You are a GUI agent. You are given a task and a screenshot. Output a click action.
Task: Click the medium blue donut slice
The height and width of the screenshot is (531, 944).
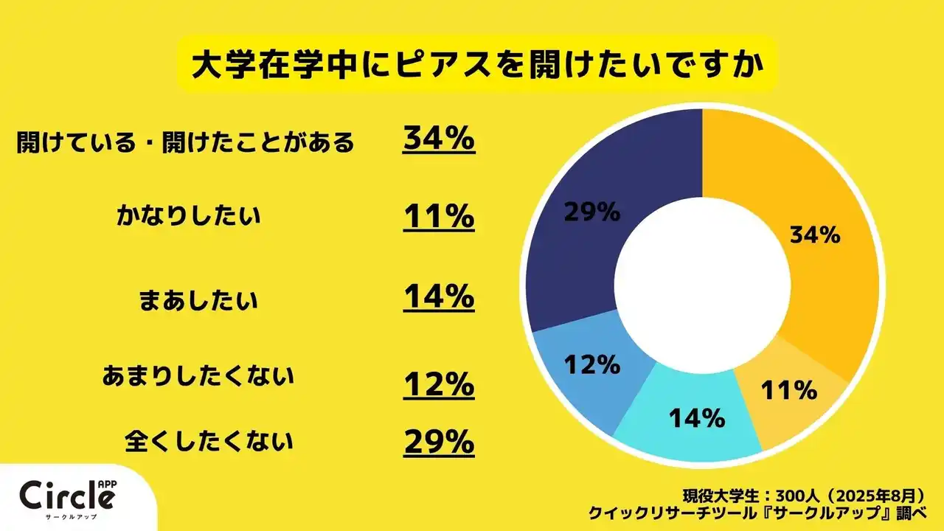tap(583, 369)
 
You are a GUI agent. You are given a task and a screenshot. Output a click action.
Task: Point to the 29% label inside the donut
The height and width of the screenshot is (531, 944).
tap(591, 212)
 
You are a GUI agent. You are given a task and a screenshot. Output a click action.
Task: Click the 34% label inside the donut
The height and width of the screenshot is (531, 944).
tap(815, 235)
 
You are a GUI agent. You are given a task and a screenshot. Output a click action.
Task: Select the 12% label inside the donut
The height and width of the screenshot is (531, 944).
tap(592, 365)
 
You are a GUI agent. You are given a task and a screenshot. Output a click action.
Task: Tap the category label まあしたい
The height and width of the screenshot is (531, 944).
tap(198, 300)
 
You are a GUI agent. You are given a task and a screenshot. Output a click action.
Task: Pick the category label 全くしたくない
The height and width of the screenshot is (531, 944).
tap(209, 441)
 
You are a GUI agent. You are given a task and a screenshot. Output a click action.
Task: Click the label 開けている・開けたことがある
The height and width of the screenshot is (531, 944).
tap(186, 142)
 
